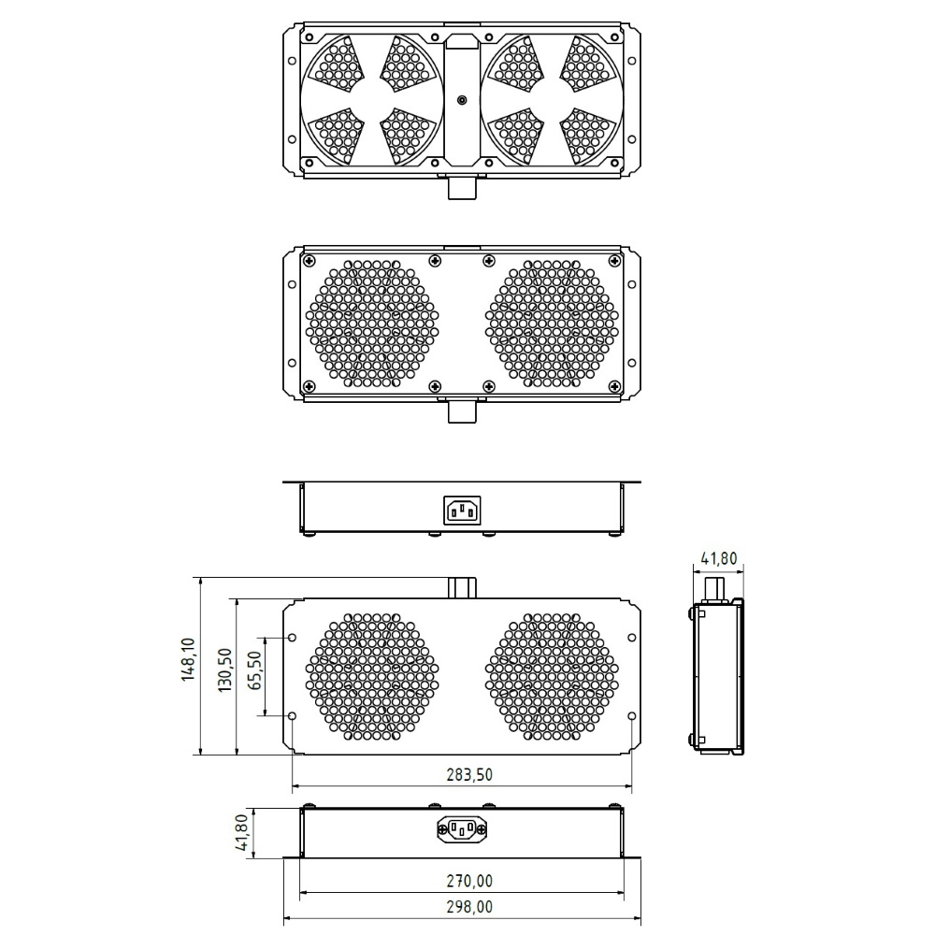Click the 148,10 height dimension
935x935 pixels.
point(189,660)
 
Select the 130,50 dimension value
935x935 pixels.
point(224,670)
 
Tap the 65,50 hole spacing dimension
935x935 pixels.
point(255,670)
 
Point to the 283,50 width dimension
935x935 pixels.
point(469,774)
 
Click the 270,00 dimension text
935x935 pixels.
point(469,881)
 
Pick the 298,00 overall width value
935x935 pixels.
point(469,907)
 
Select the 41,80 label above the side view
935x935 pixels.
point(718,559)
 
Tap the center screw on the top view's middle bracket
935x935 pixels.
point(462,100)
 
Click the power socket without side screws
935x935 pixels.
point(462,511)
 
